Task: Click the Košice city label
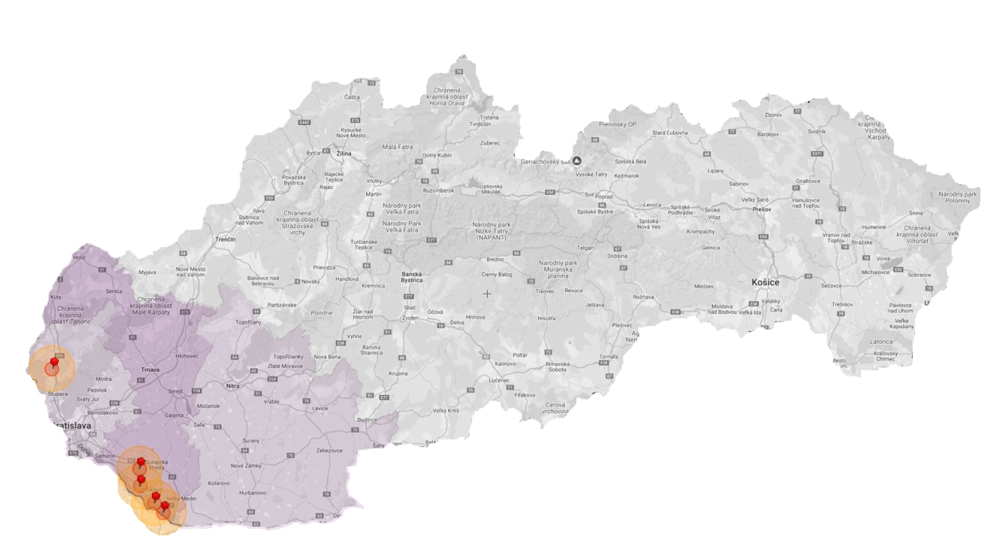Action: click(x=771, y=282)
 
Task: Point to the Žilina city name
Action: click(x=343, y=153)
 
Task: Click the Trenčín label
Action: click(x=225, y=239)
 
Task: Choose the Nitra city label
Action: click(x=233, y=386)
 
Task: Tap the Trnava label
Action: click(x=150, y=370)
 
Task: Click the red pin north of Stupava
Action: click(x=53, y=364)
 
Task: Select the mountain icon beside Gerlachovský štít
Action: click(x=578, y=160)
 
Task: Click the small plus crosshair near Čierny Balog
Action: click(x=488, y=294)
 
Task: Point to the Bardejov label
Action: click(x=768, y=135)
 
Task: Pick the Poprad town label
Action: click(x=606, y=194)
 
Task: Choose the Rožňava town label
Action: click(x=642, y=297)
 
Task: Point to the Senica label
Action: click(x=115, y=292)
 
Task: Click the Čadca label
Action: click(x=352, y=97)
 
